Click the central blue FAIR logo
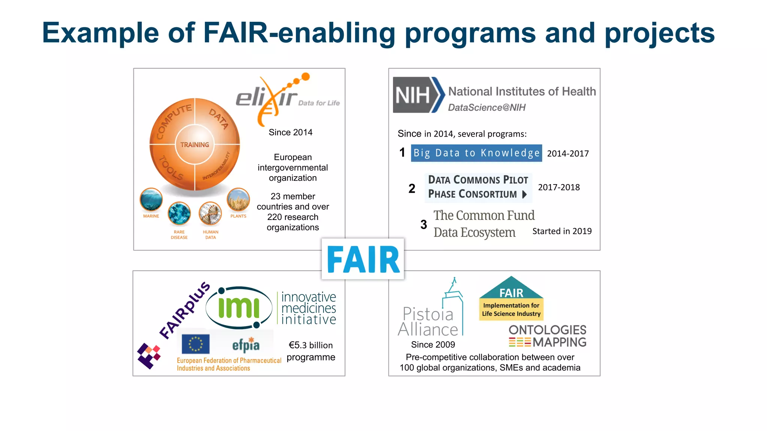coord(363,259)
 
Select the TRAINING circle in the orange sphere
coord(194,145)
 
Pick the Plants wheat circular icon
coord(238,200)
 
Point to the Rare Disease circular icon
coord(179,214)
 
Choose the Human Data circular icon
coord(210,214)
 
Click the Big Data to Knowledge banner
coord(476,153)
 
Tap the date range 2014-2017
coord(568,153)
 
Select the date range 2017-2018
coord(559,187)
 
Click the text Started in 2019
coord(562,231)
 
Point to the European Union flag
coord(195,344)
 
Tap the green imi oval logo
coord(239,308)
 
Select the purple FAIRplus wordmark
coord(184,311)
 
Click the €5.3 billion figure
coord(310,345)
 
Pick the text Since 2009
coord(433,345)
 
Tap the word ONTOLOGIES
coord(547,330)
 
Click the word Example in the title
coord(100,33)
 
